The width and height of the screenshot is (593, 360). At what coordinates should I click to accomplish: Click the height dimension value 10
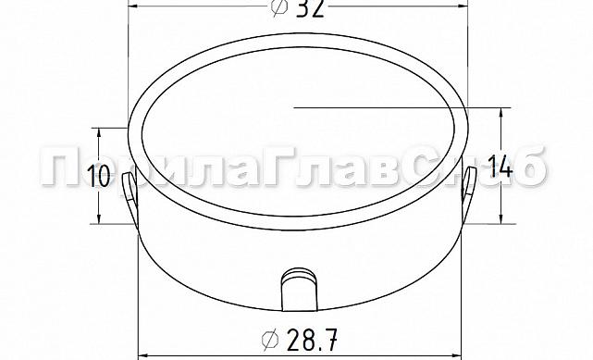(102, 174)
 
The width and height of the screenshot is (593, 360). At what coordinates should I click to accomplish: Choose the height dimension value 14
(500, 168)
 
